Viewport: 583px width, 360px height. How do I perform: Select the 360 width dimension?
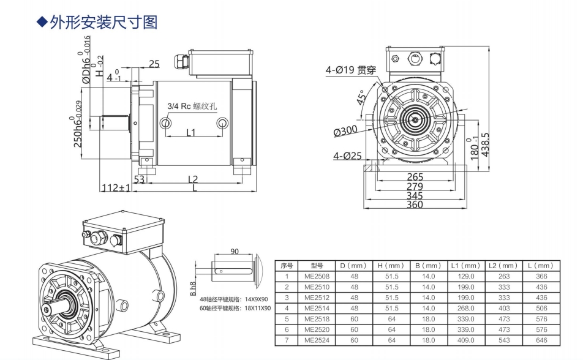(415, 204)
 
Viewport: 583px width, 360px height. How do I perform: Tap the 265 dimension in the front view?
(415, 178)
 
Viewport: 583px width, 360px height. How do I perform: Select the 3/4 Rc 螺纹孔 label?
(192, 105)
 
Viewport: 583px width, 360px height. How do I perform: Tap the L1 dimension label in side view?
(190, 132)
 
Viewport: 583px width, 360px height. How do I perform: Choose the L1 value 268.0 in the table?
(467, 308)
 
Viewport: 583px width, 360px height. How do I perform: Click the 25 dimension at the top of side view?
(154, 64)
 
